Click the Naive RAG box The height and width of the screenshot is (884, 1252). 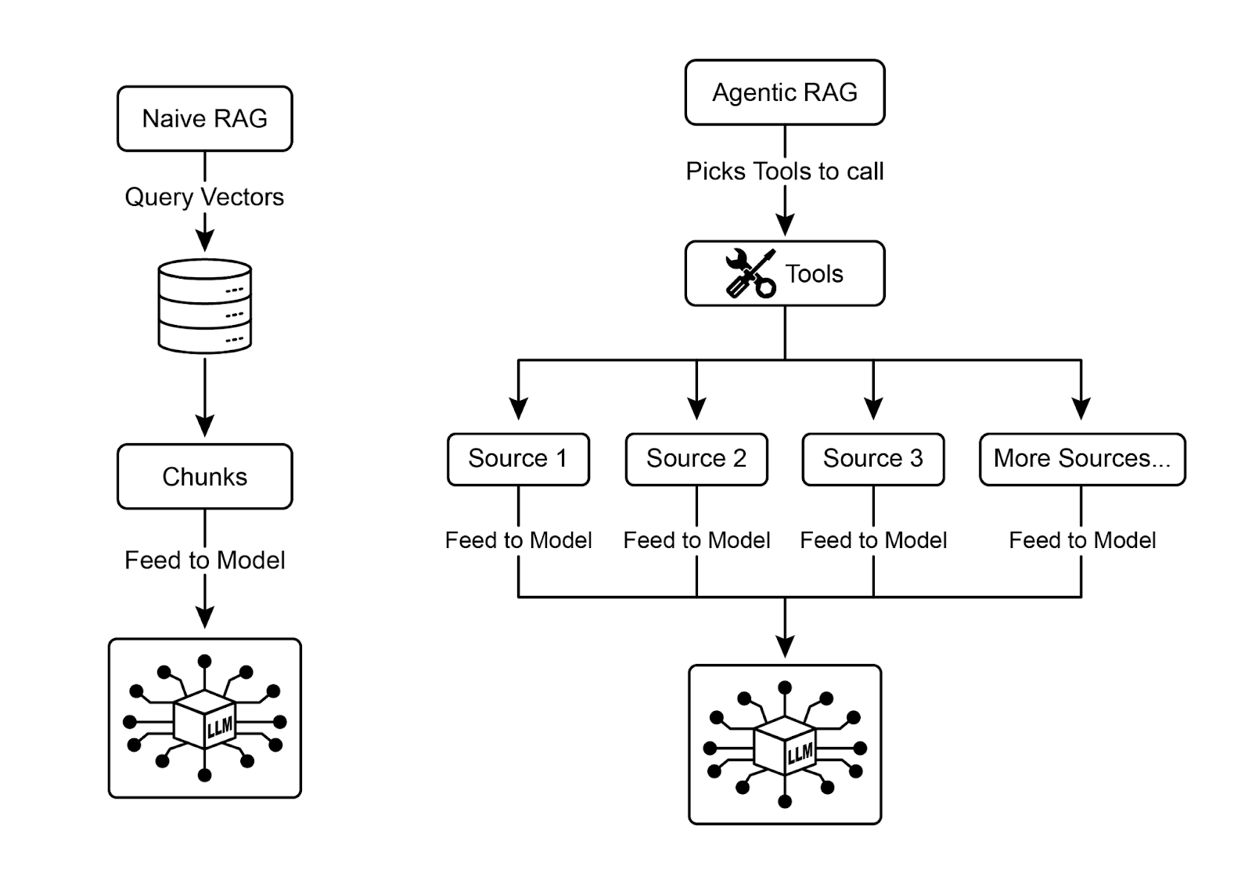click(204, 118)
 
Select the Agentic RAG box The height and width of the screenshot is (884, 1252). click(784, 92)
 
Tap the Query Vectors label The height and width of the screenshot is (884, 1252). click(204, 197)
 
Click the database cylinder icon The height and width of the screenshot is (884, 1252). click(204, 306)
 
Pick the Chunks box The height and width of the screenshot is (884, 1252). click(204, 476)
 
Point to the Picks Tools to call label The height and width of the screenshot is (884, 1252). click(784, 171)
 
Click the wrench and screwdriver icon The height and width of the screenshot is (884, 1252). click(750, 273)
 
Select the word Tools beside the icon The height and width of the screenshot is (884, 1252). click(814, 274)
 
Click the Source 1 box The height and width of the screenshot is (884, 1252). click(518, 459)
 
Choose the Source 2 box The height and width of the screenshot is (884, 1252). click(696, 459)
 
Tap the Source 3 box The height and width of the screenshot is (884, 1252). click(872, 459)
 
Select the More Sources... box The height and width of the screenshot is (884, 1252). click(1081, 459)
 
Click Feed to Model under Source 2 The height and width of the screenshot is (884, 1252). click(696, 540)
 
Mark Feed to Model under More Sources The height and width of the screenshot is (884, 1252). click(1081, 540)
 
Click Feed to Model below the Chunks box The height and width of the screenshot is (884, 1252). click(204, 560)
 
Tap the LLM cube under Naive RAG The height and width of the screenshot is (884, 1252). click(204, 720)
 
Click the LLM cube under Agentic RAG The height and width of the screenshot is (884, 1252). click(784, 747)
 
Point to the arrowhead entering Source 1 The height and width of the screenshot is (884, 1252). click(518, 409)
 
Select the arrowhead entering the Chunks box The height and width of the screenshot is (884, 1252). click(204, 426)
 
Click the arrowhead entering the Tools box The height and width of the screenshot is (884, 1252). click(784, 225)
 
